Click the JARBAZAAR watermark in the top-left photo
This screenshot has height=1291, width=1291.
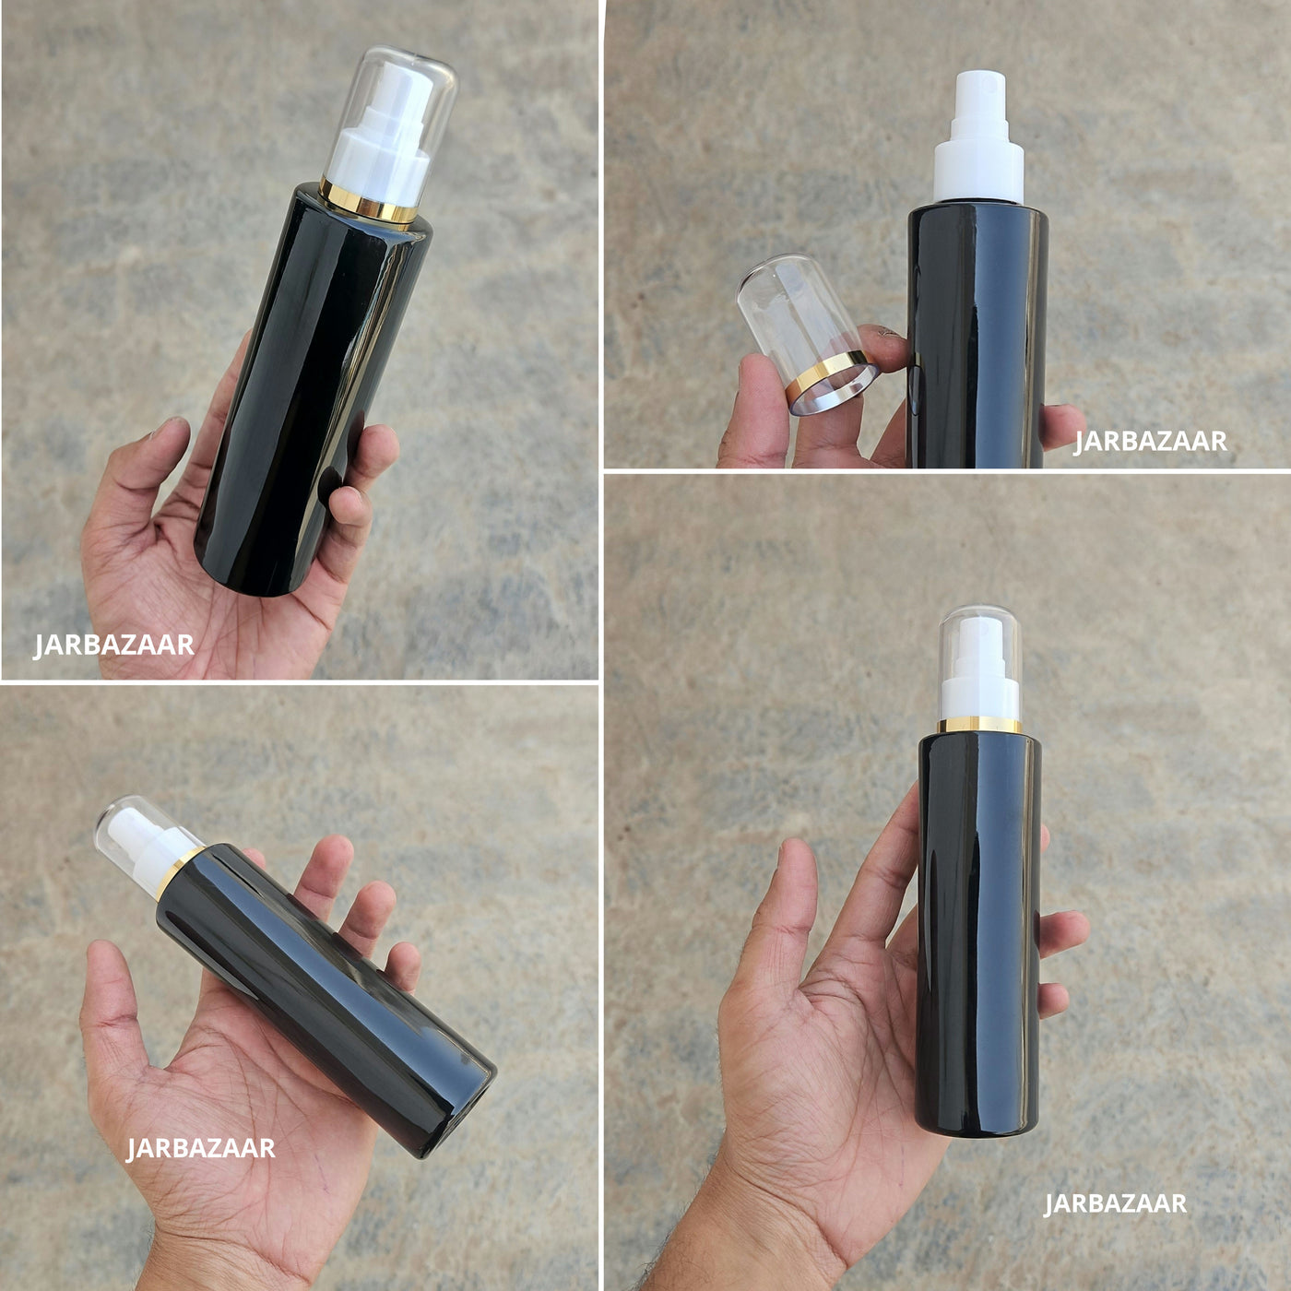(x=114, y=645)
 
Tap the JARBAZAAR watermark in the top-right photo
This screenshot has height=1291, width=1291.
(x=1151, y=442)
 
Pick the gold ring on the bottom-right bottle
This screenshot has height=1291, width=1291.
(x=978, y=724)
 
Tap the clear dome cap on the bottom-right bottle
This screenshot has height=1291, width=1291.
(x=978, y=663)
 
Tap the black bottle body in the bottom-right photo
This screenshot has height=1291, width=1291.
(x=978, y=934)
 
